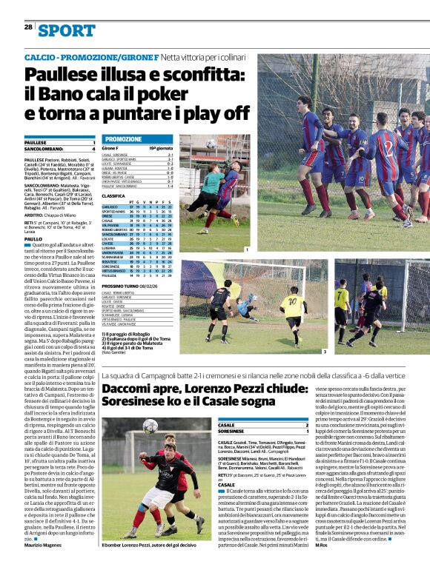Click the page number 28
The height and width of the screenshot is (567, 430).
coord(27,27)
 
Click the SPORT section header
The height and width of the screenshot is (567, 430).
coord(67,30)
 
